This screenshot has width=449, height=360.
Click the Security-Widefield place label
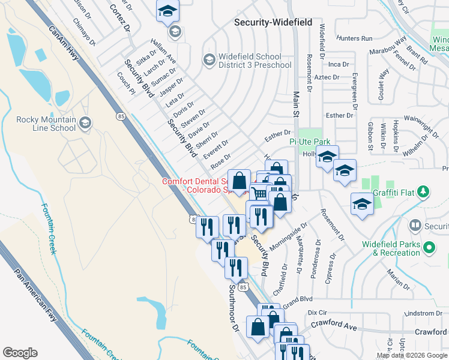coord(273,22)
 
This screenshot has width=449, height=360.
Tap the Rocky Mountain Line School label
coord(46,124)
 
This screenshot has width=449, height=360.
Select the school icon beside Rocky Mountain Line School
coord(85,123)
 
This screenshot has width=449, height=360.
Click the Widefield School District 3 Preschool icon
coord(209,59)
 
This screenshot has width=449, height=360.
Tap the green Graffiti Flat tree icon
coord(424,192)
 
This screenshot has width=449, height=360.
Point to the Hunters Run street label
coord(355,38)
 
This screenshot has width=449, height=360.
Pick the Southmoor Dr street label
coord(234,309)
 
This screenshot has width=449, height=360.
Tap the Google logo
coord(20,353)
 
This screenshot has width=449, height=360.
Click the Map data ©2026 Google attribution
coord(412,356)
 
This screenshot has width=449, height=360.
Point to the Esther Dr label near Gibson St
coord(339,115)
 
